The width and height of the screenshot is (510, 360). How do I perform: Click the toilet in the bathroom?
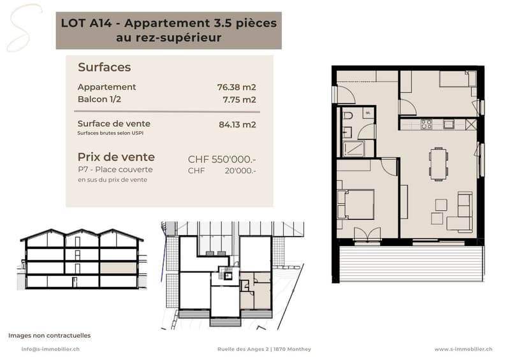(x=348, y=116)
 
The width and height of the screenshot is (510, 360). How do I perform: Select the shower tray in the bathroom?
(x=354, y=148)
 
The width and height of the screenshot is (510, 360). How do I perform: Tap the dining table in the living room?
(x=438, y=164)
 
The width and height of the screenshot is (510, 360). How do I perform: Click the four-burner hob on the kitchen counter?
(x=426, y=124)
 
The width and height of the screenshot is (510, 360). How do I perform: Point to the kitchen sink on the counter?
(x=449, y=124)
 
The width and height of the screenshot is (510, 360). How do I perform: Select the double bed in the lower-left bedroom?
(x=356, y=205)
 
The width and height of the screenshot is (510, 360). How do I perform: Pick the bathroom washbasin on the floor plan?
(x=347, y=133)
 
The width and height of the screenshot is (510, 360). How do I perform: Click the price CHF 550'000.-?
(x=222, y=159)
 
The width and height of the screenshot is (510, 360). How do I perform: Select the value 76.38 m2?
(x=237, y=87)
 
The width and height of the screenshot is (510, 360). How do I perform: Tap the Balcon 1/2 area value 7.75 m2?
(x=240, y=99)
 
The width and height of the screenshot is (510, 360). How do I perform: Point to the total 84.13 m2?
(x=237, y=124)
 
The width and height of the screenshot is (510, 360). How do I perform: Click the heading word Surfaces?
(x=105, y=68)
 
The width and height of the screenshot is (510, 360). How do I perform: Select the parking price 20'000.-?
(x=240, y=171)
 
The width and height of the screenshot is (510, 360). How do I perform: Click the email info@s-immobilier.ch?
(x=50, y=349)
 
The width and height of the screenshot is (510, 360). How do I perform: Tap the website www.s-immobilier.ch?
(x=463, y=349)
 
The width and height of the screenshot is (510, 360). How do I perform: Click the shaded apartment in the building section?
(x=118, y=268)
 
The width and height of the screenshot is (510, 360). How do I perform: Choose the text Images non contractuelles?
(x=50, y=335)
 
